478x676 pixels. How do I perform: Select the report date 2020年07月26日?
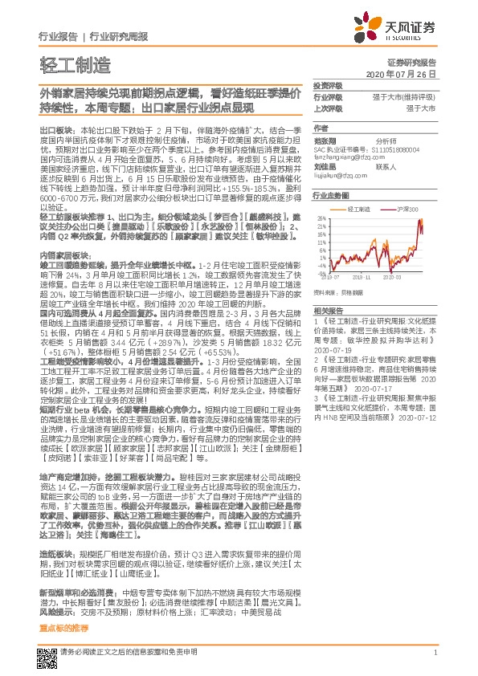click(x=406, y=73)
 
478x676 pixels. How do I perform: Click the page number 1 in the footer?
click(x=434, y=653)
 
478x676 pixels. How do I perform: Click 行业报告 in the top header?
click(x=58, y=37)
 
